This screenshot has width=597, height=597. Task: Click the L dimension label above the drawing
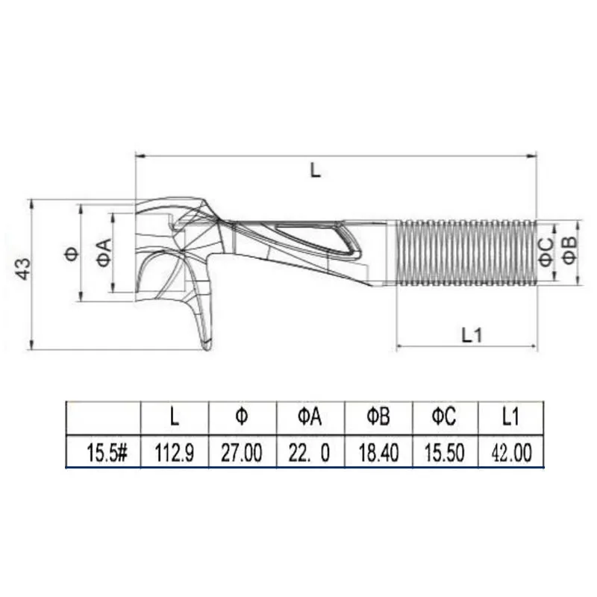tap(316, 169)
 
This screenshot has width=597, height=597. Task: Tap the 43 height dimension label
tap(24, 269)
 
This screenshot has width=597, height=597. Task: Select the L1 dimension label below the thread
tap(472, 335)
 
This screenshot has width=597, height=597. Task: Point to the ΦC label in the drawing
tap(546, 250)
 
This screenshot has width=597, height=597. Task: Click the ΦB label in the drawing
tap(569, 250)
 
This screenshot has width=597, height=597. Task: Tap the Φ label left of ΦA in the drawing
tap(72, 253)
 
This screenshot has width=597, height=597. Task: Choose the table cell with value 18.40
tap(377, 451)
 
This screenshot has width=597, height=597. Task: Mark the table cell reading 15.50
tap(444, 451)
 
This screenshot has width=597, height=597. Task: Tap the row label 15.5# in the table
tap(105, 451)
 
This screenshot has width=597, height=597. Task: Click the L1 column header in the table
tap(510, 417)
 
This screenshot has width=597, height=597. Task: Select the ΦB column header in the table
tap(377, 417)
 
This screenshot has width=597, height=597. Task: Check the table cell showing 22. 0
tap(309, 451)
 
